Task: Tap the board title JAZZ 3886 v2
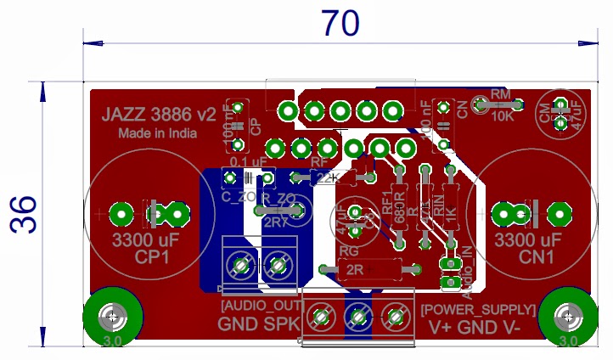pos(159,115)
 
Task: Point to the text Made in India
pos(158,133)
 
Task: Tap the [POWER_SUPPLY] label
pos(478,309)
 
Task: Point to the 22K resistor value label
pos(327,178)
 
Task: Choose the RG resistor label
pos(349,250)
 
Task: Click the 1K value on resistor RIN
pos(451,214)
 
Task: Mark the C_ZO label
pos(237,197)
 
